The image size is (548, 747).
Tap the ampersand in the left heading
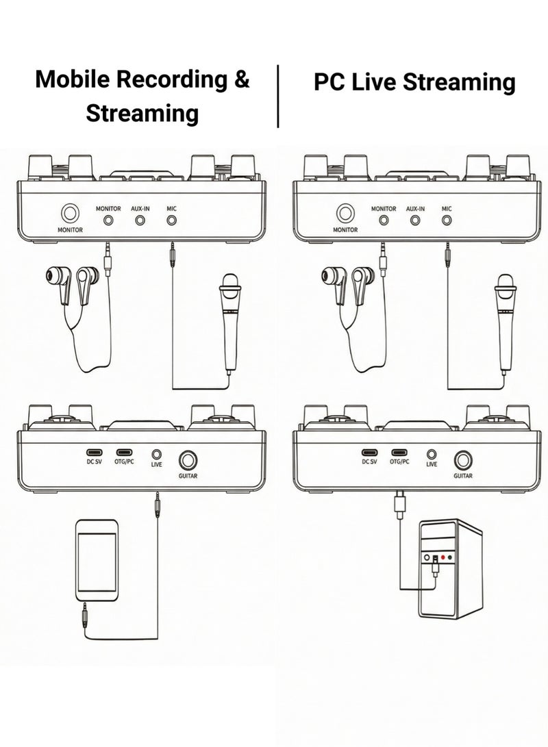coord(241,79)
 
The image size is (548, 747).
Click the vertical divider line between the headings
coord(278,96)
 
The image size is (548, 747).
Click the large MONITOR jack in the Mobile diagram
coord(70,213)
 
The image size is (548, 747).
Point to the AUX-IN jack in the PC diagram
coord(415,220)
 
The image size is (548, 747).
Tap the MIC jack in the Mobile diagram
coord(171,220)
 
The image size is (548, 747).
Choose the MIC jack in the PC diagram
coord(447,220)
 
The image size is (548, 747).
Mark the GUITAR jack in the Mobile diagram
coord(188,460)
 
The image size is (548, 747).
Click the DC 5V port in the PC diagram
coord(369,453)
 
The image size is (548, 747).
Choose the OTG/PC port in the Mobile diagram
coord(124,453)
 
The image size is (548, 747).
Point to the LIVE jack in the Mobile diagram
coord(156,453)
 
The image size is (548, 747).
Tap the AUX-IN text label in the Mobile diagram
coord(140,208)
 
